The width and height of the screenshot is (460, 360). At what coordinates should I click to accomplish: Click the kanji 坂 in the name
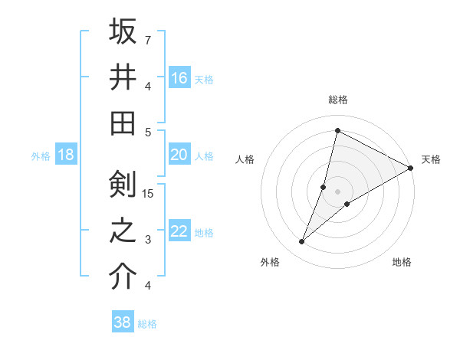tap(123, 32)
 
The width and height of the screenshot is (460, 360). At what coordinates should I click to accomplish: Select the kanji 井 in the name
tap(123, 77)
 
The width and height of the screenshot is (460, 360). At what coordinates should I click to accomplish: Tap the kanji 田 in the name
tap(123, 123)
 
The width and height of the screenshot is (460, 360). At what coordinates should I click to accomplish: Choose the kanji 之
tap(123, 231)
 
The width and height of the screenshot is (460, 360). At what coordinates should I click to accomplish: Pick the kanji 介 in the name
tap(123, 277)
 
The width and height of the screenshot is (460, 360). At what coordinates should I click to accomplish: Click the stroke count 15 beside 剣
tap(149, 193)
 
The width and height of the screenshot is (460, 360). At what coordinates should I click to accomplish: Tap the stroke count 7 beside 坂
tap(148, 39)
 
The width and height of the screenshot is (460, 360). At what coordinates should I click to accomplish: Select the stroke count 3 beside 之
tap(148, 239)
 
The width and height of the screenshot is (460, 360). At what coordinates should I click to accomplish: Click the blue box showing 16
tap(179, 77)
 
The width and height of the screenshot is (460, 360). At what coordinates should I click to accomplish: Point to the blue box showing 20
tap(179, 155)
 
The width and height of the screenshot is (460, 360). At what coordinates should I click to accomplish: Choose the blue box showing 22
tap(179, 231)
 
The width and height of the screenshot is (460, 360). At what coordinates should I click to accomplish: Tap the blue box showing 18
tap(65, 155)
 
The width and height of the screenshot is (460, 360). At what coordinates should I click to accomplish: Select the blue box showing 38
tap(122, 322)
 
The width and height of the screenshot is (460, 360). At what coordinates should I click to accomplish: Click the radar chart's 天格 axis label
tap(431, 159)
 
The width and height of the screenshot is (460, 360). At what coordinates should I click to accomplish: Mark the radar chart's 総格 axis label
tap(337, 100)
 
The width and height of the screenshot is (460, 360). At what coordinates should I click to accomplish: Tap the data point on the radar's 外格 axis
tap(302, 242)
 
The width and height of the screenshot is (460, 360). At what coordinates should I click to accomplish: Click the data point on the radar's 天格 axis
tap(411, 169)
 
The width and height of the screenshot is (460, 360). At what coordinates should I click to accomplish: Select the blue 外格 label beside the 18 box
tap(41, 156)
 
